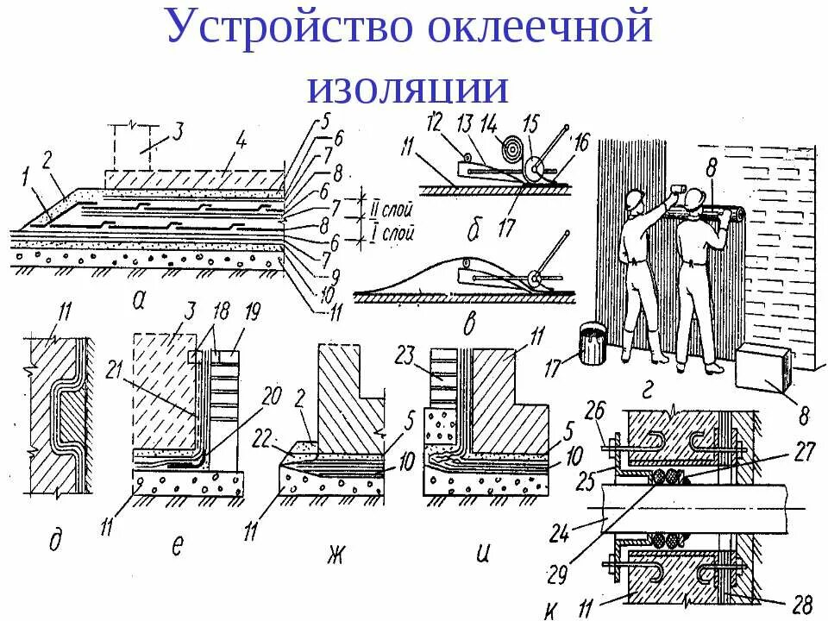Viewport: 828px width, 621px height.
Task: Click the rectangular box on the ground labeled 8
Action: point(761,368)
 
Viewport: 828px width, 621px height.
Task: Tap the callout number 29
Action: point(560,572)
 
